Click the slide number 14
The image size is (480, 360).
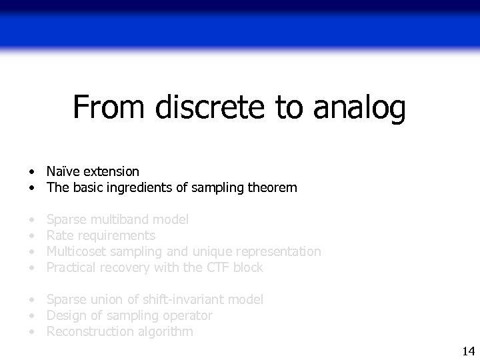click(467, 351)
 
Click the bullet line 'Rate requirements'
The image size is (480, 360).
click(101, 235)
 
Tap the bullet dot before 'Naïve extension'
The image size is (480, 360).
click(31, 172)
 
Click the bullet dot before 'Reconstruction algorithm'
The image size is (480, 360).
click(31, 332)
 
